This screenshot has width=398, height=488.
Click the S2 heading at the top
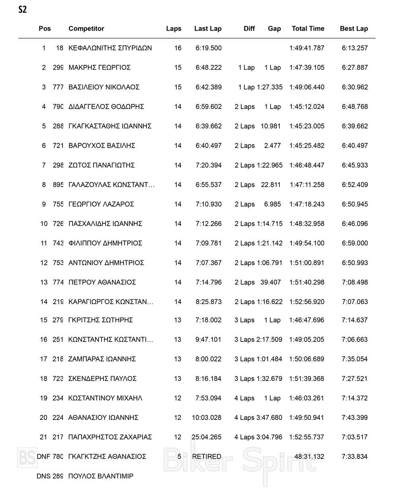(x=23, y=10)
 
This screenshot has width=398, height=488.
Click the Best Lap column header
(x=353, y=29)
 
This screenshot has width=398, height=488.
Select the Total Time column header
(x=308, y=29)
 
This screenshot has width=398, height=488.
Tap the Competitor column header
(x=86, y=29)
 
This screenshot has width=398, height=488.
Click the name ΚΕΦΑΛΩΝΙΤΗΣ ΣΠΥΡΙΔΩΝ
(x=110, y=48)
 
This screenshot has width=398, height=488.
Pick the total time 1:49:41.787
(x=306, y=48)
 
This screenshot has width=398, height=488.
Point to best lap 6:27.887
(x=355, y=68)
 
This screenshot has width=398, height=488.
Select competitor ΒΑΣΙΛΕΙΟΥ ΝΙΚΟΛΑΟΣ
(x=104, y=87)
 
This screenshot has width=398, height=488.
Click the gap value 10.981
(x=271, y=126)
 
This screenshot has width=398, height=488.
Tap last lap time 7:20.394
(x=209, y=165)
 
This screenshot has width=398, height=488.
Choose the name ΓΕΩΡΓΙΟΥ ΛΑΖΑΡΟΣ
(x=101, y=204)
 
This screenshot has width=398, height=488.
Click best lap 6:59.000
(x=355, y=243)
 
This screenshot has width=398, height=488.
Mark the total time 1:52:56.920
(x=306, y=302)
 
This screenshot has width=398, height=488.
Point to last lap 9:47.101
(x=209, y=340)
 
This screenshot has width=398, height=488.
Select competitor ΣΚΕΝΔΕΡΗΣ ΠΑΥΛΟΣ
(x=103, y=379)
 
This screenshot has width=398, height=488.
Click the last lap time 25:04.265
(x=207, y=437)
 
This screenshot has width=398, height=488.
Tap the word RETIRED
(x=207, y=457)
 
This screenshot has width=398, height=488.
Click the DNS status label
(x=43, y=476)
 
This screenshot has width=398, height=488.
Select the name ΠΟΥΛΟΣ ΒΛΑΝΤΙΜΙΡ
(x=101, y=476)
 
